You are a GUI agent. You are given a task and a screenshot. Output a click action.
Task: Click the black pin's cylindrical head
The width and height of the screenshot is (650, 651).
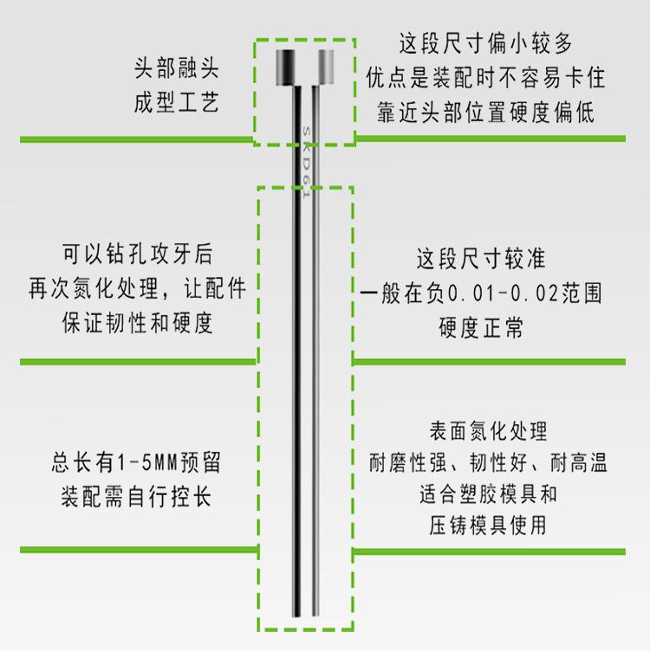[x=285, y=68]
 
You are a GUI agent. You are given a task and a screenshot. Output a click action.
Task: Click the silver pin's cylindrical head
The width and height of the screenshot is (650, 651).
[x=325, y=68]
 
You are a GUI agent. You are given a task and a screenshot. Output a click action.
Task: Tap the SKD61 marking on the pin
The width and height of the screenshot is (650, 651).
[x=306, y=163]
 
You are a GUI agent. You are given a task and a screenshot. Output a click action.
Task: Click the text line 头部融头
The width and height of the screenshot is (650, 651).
[x=176, y=68]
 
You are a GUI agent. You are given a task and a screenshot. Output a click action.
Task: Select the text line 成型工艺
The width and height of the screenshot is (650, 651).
[x=176, y=102]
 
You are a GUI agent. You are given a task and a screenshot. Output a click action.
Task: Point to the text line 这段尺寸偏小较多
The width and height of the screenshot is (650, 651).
[x=485, y=43]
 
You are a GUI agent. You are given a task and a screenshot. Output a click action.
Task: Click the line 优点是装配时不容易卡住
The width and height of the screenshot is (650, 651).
[x=485, y=78]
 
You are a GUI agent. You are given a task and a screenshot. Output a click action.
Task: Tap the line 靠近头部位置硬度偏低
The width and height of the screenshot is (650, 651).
[x=485, y=112]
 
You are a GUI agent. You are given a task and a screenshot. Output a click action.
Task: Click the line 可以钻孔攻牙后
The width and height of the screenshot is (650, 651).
[x=138, y=254]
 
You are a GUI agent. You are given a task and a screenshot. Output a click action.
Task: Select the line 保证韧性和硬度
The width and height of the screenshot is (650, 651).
[x=138, y=323]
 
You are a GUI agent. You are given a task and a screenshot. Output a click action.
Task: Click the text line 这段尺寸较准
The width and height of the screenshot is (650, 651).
[x=481, y=258]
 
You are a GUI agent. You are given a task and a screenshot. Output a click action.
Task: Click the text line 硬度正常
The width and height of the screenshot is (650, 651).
[x=481, y=327]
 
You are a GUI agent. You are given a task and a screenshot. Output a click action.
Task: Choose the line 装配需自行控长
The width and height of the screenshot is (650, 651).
[x=136, y=497]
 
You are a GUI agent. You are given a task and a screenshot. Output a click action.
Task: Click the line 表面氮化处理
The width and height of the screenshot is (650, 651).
[x=488, y=431]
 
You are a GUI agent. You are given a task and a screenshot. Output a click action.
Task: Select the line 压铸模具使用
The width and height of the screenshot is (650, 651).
[x=488, y=525]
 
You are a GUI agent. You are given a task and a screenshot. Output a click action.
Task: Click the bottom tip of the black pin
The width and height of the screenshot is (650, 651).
[x=296, y=616]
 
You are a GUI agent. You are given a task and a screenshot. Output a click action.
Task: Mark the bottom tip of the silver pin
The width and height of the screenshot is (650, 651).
[x=315, y=616]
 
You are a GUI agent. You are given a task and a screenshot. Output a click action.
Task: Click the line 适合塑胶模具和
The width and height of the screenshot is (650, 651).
[x=488, y=493]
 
